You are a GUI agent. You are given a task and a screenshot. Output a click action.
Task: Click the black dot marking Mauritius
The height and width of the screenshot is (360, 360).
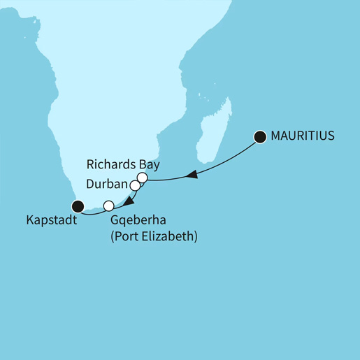[260, 137]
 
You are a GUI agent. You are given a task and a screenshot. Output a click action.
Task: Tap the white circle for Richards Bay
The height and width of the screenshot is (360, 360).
[142, 179]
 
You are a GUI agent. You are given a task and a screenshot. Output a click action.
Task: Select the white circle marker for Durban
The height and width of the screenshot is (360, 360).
[135, 186]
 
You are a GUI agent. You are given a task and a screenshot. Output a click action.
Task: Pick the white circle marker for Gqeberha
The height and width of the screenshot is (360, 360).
[108, 206]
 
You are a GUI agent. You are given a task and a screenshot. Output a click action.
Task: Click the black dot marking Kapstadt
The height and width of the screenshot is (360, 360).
[78, 206]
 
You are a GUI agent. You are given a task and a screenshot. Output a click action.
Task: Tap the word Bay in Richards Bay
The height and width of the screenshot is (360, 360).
[150, 166]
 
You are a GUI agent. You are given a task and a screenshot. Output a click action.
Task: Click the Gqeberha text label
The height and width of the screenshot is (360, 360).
[138, 222]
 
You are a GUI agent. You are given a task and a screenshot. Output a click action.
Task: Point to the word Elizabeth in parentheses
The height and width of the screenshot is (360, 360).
[172, 237]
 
